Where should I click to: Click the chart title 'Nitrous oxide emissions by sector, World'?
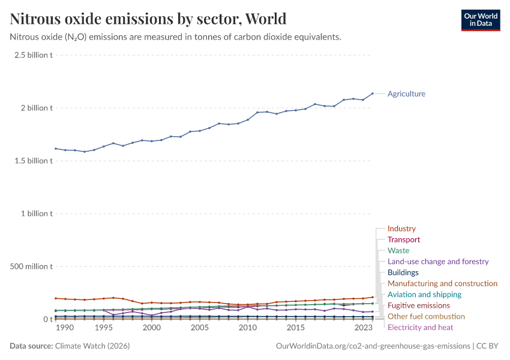pyautogui.click(x=148, y=19)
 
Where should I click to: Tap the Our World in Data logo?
pyautogui.click(x=480, y=20)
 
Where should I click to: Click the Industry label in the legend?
pyautogui.click(x=401, y=229)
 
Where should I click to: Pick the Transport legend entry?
pyautogui.click(x=404, y=239)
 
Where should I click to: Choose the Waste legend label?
pyautogui.click(x=398, y=250)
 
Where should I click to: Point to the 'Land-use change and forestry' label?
pyautogui.click(x=438, y=262)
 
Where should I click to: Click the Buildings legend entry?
pyautogui.click(x=403, y=272)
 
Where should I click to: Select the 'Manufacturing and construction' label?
pyautogui.click(x=442, y=283)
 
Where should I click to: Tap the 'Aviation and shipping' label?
pyautogui.click(x=424, y=295)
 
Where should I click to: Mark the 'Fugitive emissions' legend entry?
pyautogui.click(x=419, y=305)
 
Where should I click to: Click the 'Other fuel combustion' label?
pyautogui.click(x=426, y=316)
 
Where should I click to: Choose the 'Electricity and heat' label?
pyautogui.click(x=421, y=327)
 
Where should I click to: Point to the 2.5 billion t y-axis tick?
pyautogui.click(x=34, y=55)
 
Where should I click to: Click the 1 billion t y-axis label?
pyautogui.click(x=37, y=214)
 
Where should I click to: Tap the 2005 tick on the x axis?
pyautogui.click(x=200, y=328)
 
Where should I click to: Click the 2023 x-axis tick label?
pyautogui.click(x=363, y=328)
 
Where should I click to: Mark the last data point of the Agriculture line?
pyautogui.click(x=373, y=94)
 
